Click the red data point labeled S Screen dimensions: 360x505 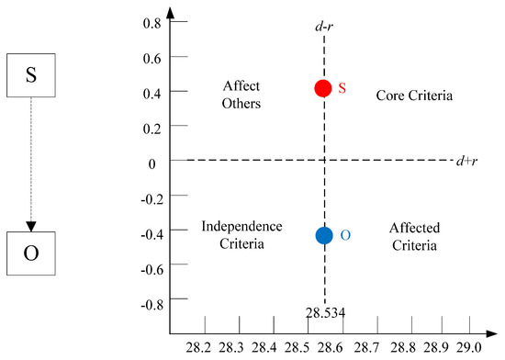(323, 88)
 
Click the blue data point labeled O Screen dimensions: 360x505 (323, 235)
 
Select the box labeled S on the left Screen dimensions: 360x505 (31, 75)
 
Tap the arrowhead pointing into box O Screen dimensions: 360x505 (31, 226)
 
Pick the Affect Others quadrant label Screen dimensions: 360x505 (242, 95)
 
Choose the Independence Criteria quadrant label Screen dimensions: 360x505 (233, 236)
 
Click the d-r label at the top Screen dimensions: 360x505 (322, 29)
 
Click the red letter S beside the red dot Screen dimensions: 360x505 (342, 88)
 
